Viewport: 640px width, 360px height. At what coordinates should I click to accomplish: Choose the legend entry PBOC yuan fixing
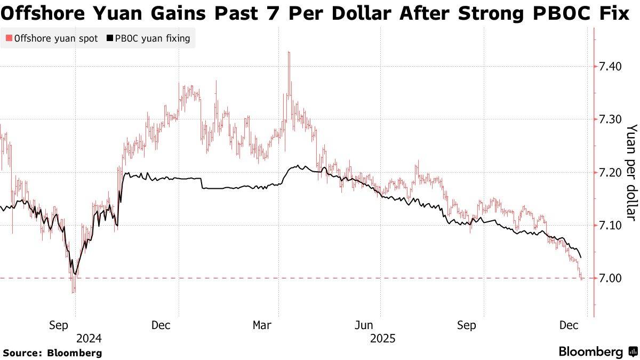(153, 38)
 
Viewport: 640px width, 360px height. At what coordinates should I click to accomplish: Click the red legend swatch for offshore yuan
(9, 38)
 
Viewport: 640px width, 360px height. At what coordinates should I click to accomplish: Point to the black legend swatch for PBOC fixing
(110, 38)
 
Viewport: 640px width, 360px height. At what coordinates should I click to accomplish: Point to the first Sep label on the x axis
(59, 325)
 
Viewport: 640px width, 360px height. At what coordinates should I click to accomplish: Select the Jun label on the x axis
(365, 325)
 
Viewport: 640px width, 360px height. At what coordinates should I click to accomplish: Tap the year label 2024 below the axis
(89, 338)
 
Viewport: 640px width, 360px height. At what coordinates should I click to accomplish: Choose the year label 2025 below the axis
(382, 338)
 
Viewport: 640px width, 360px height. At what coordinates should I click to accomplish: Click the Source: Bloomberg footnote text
(52, 353)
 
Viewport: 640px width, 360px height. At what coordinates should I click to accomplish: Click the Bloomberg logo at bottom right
(597, 351)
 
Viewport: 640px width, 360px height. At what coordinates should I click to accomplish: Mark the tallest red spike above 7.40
(289, 53)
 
